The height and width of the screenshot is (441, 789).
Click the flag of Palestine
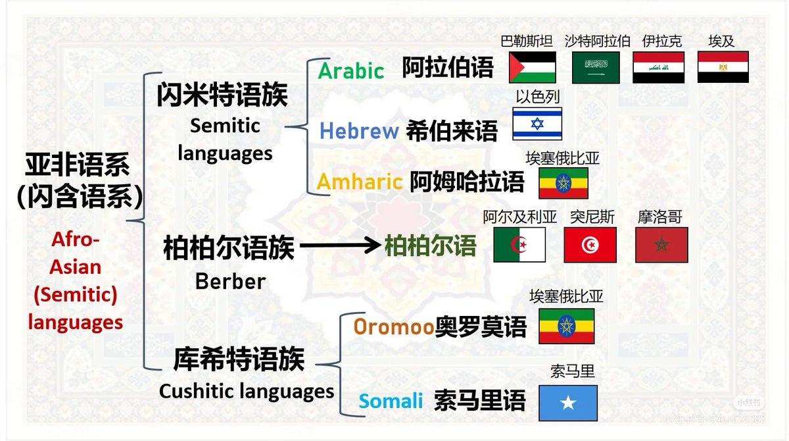point(533,67)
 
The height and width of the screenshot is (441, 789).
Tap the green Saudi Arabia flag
point(596,67)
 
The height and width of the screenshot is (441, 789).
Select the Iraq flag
point(658,67)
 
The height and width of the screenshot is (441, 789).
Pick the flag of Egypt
point(723,67)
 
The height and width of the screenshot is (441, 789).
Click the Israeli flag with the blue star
point(537,124)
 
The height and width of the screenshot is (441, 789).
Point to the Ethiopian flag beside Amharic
point(563,183)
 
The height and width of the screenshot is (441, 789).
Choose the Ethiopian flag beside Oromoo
point(566,326)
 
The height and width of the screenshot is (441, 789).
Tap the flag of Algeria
point(519,245)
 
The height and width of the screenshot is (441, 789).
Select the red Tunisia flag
point(590,245)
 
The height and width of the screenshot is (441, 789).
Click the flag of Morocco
point(661,245)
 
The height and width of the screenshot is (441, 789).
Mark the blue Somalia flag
point(568,402)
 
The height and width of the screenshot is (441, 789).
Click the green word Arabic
point(351,70)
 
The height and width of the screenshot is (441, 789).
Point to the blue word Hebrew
point(359,131)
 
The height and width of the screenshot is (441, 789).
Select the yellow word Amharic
point(360,181)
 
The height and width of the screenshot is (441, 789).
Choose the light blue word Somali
point(391,400)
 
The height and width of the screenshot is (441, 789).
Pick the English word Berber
point(230,281)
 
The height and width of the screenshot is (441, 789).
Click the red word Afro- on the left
point(76,240)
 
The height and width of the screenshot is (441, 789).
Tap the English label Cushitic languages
point(247,391)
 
